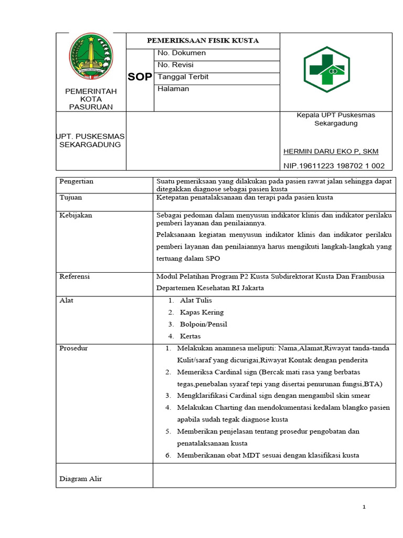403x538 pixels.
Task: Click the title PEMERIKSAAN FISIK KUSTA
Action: click(x=203, y=40)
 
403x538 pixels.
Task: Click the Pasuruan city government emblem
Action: click(x=91, y=57)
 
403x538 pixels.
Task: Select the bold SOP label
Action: click(x=140, y=77)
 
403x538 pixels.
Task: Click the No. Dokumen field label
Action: click(x=182, y=53)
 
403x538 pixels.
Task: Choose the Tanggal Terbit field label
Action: click(x=183, y=77)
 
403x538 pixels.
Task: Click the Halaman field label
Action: click(x=173, y=89)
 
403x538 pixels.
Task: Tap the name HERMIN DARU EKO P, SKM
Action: click(x=331, y=151)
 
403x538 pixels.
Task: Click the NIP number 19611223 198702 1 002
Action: click(x=334, y=165)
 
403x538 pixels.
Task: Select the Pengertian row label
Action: click(x=76, y=181)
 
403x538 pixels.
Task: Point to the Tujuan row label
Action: click(x=70, y=198)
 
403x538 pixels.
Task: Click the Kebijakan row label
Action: click(x=76, y=215)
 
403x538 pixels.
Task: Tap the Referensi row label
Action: click(x=75, y=276)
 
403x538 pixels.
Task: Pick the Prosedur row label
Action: click(x=73, y=348)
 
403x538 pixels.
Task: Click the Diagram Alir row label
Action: click(x=81, y=479)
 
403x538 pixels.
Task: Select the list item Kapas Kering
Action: click(x=201, y=312)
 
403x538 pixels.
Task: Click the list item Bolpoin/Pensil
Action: click(x=203, y=324)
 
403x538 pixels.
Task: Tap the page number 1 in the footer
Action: click(x=364, y=507)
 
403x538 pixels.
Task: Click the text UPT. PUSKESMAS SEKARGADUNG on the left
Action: click(x=90, y=140)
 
